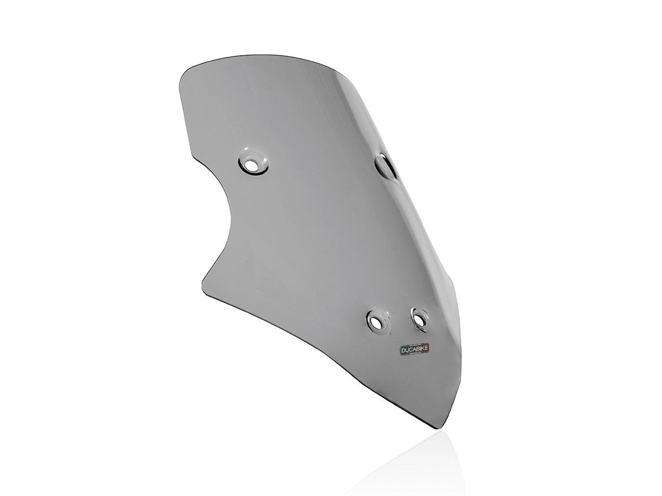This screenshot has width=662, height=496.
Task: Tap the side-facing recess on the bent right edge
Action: point(386,165)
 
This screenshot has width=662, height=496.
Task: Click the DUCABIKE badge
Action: point(415,350)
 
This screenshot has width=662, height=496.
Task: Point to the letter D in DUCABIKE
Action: point(404,350)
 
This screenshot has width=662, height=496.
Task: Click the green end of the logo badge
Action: point(401,352)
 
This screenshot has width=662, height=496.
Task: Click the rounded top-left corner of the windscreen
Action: point(188,74)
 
